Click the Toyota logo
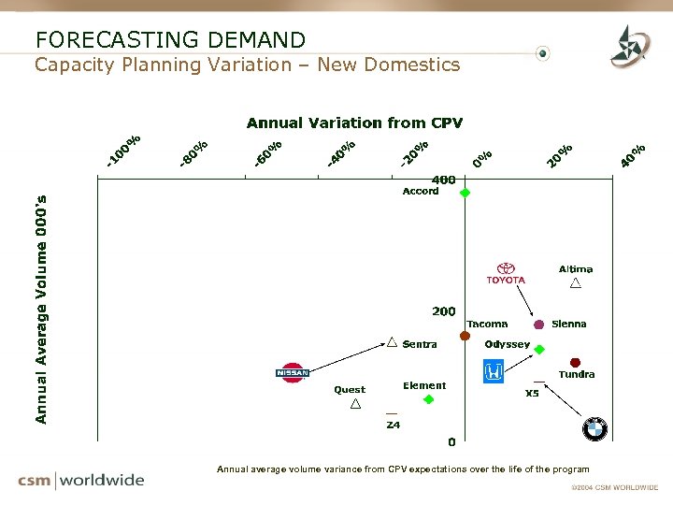506,273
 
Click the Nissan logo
293,372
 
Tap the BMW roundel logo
595,428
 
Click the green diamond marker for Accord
465,193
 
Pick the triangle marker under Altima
576,282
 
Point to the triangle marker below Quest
355,404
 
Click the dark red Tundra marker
576,362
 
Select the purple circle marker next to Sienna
538,325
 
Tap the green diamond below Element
428,399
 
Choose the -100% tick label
122,152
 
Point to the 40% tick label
634,155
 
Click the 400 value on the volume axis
443,180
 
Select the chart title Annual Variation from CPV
354,123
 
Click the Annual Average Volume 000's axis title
40,309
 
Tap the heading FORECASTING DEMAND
170,39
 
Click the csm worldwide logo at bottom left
81,481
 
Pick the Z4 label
394,425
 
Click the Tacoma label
487,324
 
